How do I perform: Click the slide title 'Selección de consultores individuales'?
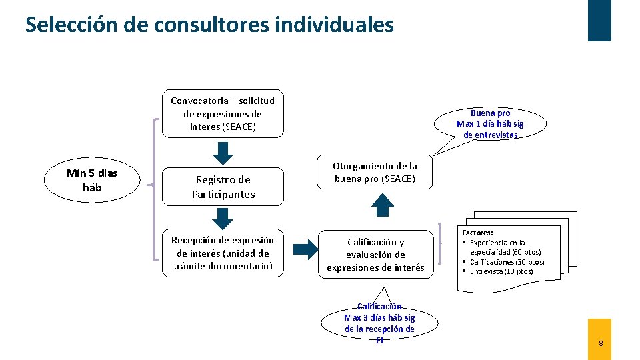click(209, 25)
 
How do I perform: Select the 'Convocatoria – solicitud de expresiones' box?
click(223, 113)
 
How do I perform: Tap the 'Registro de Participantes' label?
click(223, 187)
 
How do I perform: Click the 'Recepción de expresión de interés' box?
click(223, 253)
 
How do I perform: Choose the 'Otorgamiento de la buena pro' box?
click(375, 173)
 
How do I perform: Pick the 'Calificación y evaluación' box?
click(375, 255)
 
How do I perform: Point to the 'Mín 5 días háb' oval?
click(92, 180)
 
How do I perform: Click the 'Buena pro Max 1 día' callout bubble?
click(490, 123)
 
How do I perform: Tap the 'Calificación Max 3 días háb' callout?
click(379, 323)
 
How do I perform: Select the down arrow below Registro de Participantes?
click(223, 218)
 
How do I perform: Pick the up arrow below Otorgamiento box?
click(383, 205)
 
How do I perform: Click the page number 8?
click(601, 343)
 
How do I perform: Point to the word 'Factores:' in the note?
click(477, 233)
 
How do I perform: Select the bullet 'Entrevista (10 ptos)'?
click(501, 271)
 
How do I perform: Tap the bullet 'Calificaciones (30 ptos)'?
click(507, 262)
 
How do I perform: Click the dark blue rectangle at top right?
click(599, 20)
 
